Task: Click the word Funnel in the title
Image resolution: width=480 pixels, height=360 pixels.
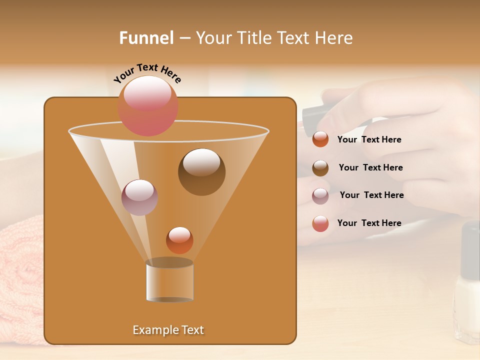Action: (146, 38)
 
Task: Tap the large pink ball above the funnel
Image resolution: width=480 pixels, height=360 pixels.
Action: (147, 106)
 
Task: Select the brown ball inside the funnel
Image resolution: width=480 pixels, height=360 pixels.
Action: (201, 171)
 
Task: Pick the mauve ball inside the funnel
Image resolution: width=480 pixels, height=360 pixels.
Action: (139, 197)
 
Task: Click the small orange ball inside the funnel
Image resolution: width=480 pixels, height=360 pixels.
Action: (179, 240)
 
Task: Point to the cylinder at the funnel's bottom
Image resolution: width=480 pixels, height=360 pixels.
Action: (169, 281)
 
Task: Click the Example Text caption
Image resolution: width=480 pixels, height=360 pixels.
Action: (168, 330)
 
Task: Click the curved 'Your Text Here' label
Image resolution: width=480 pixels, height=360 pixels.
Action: (147, 73)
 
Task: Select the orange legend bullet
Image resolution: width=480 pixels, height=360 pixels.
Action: (320, 139)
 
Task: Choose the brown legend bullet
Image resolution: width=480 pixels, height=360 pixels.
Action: (320, 168)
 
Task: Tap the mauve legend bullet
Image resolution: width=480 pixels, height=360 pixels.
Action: (320, 196)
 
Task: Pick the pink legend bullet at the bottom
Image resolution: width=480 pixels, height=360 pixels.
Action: (320, 224)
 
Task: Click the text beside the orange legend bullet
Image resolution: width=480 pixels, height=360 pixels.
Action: (369, 139)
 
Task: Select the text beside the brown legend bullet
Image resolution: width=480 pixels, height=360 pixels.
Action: (370, 167)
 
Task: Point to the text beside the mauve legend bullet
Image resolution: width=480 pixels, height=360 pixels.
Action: (371, 195)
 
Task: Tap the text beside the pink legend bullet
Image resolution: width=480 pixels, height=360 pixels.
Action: (369, 223)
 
